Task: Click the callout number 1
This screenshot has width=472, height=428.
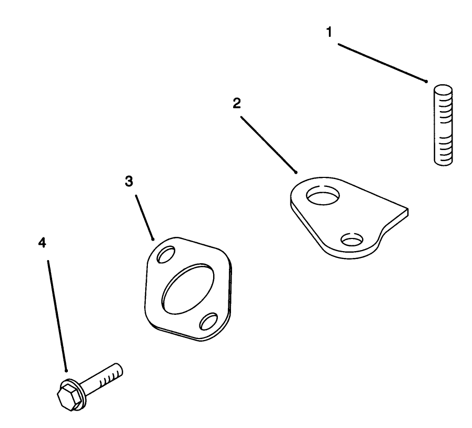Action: point(329,32)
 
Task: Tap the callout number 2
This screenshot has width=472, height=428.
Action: point(237,103)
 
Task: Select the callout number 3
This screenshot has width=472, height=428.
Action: point(129,181)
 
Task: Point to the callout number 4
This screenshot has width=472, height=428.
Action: point(42,243)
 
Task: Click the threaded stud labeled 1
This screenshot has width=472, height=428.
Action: point(443,125)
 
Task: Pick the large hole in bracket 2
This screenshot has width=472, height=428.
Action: point(323,195)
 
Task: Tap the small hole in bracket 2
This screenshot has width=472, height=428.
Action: point(352,239)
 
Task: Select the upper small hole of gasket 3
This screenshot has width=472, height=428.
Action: point(166,254)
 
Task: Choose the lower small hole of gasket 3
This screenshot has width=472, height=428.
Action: point(208,321)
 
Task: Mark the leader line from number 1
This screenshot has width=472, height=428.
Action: point(382,63)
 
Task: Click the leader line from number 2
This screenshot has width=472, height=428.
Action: point(268,145)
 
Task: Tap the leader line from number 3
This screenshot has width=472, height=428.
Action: point(145,217)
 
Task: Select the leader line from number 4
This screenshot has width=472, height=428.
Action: point(57,316)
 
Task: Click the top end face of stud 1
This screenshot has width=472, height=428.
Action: point(443,89)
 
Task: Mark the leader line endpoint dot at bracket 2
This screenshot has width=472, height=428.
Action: point(296,172)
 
